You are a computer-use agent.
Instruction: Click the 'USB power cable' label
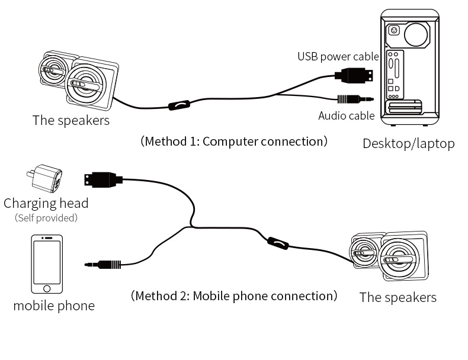338,57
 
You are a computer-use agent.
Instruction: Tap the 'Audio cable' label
346,115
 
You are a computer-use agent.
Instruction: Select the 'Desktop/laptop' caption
408,143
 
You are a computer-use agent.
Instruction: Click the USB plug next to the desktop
355,76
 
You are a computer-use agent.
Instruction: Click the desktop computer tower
408,66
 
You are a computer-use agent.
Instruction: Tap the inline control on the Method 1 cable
179,105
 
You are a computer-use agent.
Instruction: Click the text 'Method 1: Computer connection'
233,142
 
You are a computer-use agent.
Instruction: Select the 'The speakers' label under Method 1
70,120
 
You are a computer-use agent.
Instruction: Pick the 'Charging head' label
46,203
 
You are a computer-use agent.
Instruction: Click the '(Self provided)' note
46,218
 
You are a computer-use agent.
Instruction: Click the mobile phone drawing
46,264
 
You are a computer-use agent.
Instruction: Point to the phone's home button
46,288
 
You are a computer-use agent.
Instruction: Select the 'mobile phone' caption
53,306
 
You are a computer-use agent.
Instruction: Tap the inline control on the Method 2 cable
277,242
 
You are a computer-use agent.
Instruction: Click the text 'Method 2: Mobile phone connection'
234,295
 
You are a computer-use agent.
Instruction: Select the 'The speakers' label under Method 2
398,297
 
